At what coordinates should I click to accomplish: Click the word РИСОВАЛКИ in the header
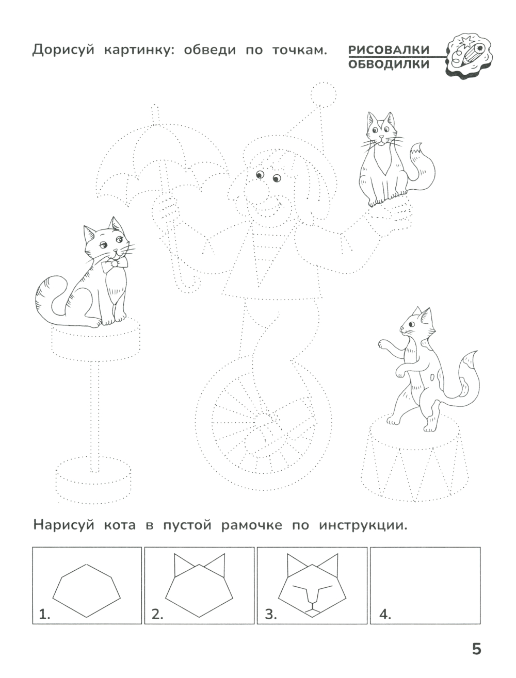(389, 49)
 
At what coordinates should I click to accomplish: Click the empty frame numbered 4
(425, 581)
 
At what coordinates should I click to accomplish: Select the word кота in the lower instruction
(120, 525)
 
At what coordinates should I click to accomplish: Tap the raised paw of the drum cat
(383, 343)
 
